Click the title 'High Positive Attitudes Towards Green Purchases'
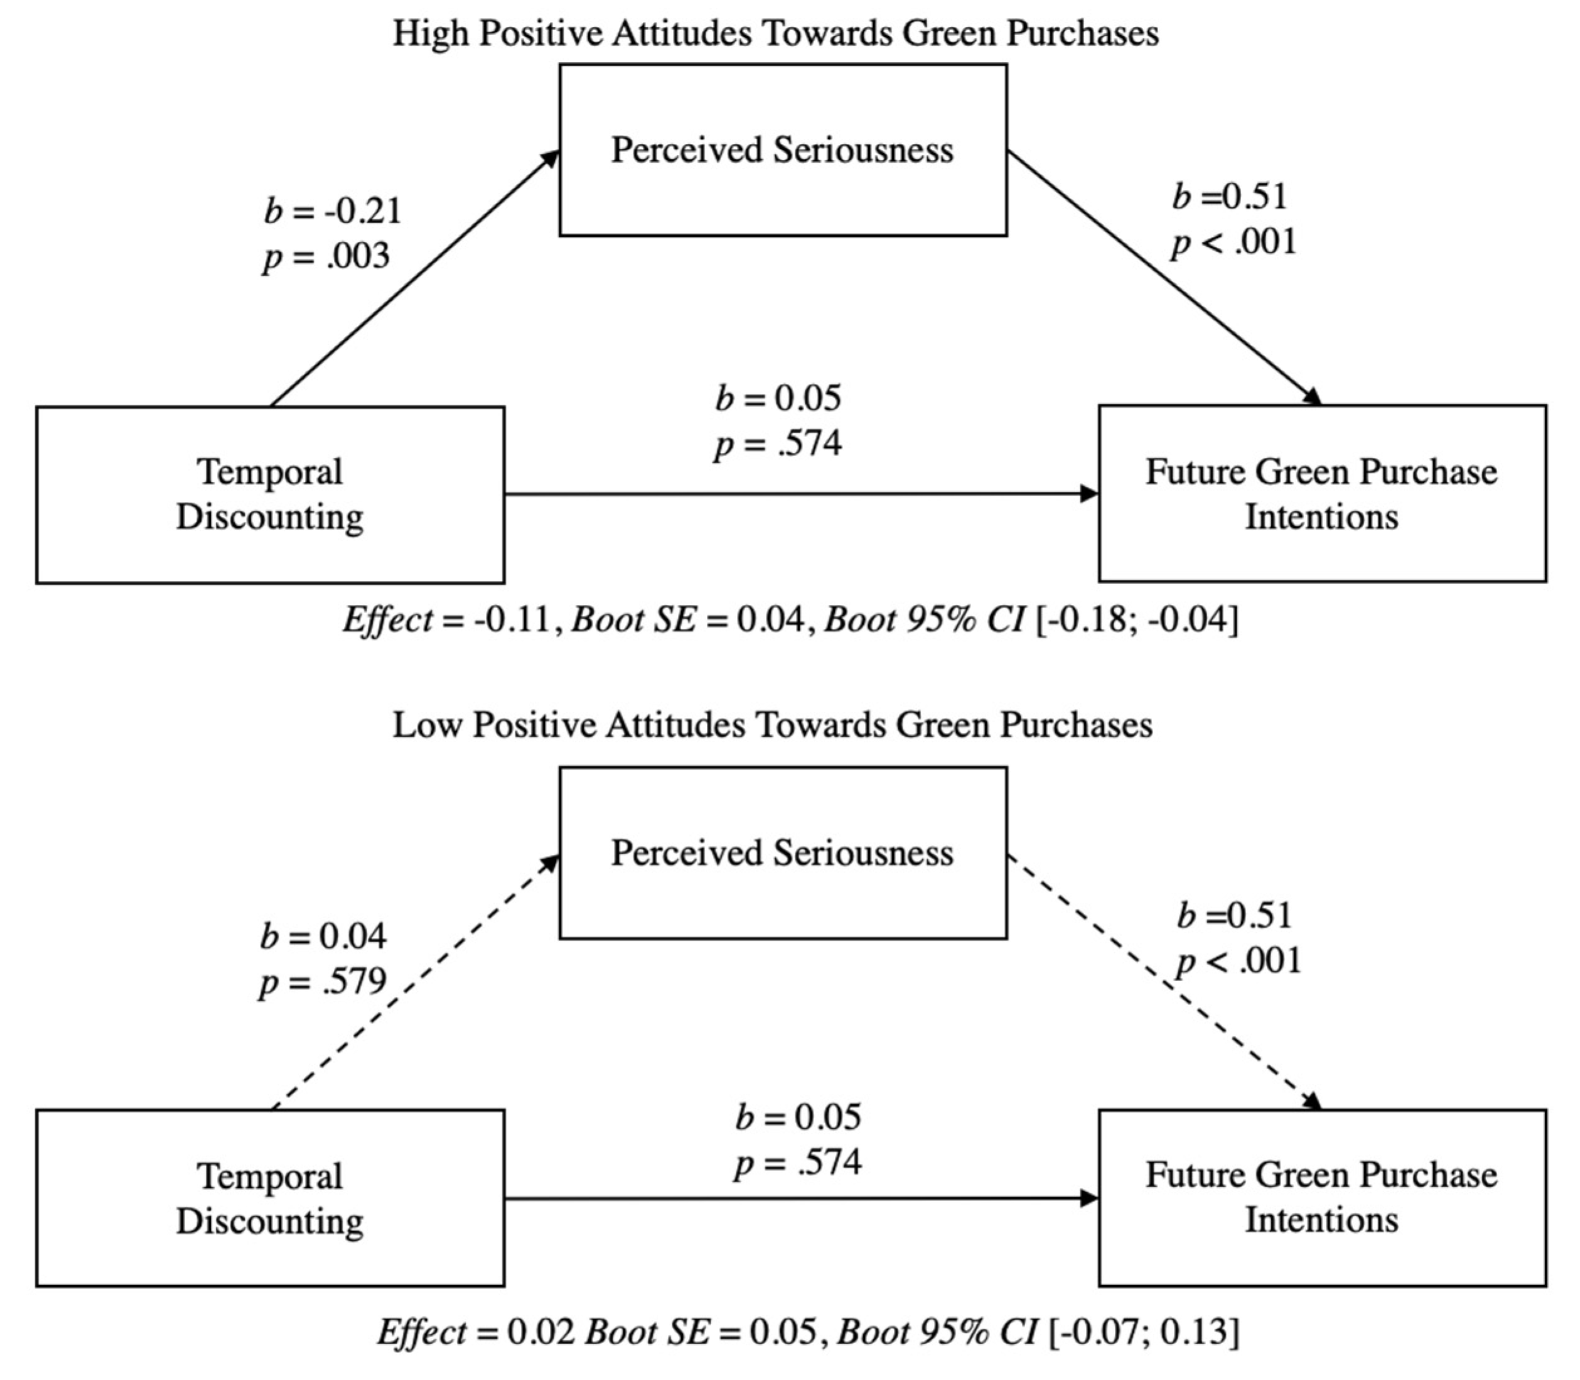(x=775, y=34)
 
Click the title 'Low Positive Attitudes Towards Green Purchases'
(x=772, y=725)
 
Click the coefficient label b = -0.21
(x=333, y=211)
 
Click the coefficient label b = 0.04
(x=323, y=937)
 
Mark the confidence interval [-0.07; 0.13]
(x=1144, y=1332)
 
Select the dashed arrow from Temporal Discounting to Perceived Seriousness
(x=416, y=982)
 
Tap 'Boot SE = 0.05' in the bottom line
(x=701, y=1332)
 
